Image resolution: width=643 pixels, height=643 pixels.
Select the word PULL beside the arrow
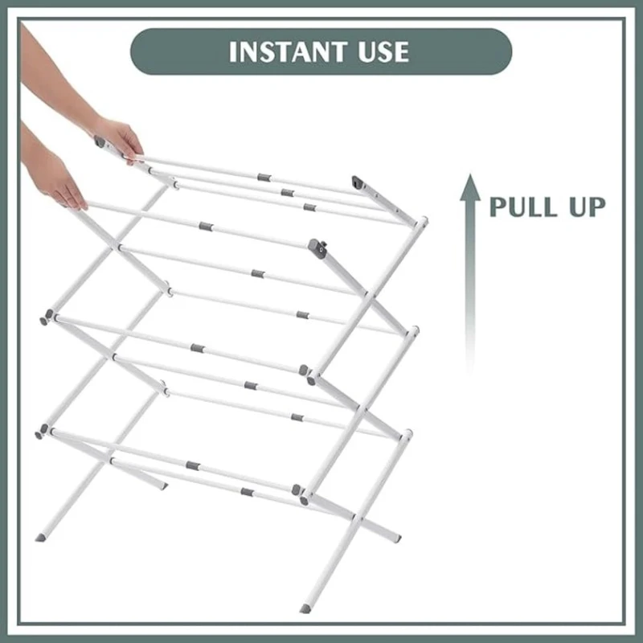pos(522,207)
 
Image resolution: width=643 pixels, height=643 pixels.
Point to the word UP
pos(587,207)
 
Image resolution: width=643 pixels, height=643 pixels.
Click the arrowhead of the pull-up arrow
pos(470,187)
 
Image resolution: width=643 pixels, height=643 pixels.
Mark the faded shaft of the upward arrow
pos(470,287)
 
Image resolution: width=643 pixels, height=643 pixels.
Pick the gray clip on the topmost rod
pos(264,178)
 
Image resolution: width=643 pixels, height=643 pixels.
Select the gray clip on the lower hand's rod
pos(206,227)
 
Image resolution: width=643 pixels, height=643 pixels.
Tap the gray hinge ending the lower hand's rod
pos(317,248)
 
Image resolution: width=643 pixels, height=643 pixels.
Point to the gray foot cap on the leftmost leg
pos(40,537)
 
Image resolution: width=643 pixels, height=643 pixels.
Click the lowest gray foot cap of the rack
pos(305,608)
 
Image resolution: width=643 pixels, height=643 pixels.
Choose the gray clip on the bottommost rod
pos(247,492)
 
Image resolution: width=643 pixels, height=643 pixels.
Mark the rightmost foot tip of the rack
pos(396,538)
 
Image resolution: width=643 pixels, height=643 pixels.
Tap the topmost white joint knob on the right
pos(421,222)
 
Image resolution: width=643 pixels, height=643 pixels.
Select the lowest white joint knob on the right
pos(408,434)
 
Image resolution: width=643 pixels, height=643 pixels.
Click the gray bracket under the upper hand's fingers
pos(100,142)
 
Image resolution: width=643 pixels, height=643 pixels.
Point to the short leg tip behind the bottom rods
pos(163,486)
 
